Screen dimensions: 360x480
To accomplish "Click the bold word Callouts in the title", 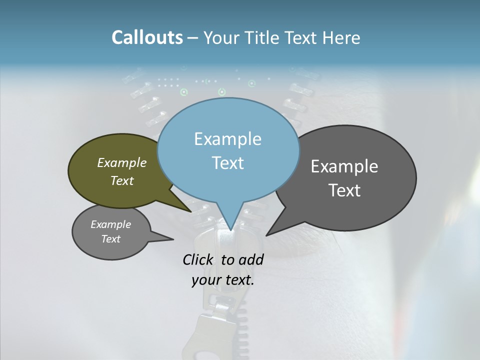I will point(147,37).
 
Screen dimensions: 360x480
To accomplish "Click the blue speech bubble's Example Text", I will point(228,150).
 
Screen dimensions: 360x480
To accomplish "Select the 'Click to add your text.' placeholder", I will point(223,269).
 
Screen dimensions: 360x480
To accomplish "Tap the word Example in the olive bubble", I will point(122,162).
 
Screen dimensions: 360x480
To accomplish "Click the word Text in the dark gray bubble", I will point(344,190).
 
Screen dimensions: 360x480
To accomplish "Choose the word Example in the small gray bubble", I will point(110,224).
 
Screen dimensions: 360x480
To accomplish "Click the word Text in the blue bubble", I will point(228,163).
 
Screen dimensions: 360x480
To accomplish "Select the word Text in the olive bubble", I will point(122,180).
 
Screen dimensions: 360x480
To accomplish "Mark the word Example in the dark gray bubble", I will point(344,166).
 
